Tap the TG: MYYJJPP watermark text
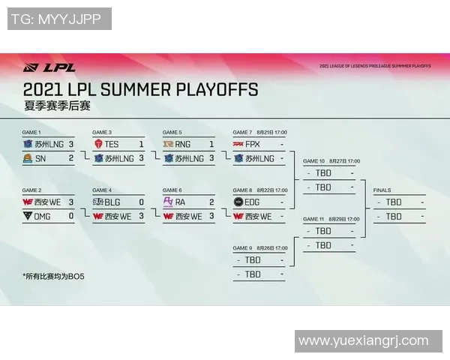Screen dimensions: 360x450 (59, 19)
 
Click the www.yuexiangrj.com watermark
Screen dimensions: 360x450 (363, 340)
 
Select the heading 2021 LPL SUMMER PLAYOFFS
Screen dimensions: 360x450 (140, 90)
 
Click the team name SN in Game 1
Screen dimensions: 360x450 (40, 157)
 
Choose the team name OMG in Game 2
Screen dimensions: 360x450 (45, 216)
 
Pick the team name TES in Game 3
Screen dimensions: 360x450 (112, 143)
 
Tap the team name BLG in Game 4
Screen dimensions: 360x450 (112, 202)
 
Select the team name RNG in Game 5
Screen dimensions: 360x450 (183, 143)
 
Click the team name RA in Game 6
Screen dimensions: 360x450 (181, 202)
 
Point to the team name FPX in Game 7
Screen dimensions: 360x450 (253, 143)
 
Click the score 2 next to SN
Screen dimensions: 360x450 (71, 157)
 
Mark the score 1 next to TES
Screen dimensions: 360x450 (141, 143)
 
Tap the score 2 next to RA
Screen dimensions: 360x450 (211, 202)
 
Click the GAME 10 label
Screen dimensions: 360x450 (313, 161)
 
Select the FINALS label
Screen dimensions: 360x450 (382, 190)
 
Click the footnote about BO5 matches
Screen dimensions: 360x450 (52, 276)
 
